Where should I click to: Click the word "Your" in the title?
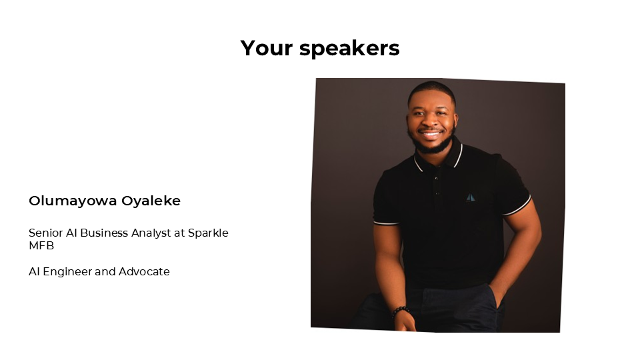tap(267, 48)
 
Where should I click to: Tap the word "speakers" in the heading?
tap(349, 49)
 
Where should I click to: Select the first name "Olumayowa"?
tap(73, 201)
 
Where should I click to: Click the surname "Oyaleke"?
tap(151, 201)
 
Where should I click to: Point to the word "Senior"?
tap(46, 233)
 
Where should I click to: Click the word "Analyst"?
tap(151, 233)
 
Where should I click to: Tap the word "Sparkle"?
tap(208, 233)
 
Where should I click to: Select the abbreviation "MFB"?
tap(41, 246)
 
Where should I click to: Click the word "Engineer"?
tap(67, 272)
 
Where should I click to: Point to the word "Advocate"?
tap(144, 271)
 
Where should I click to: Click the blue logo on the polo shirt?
tap(471, 197)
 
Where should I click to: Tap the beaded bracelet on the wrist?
tap(401, 311)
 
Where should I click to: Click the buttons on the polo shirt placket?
tap(437, 186)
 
